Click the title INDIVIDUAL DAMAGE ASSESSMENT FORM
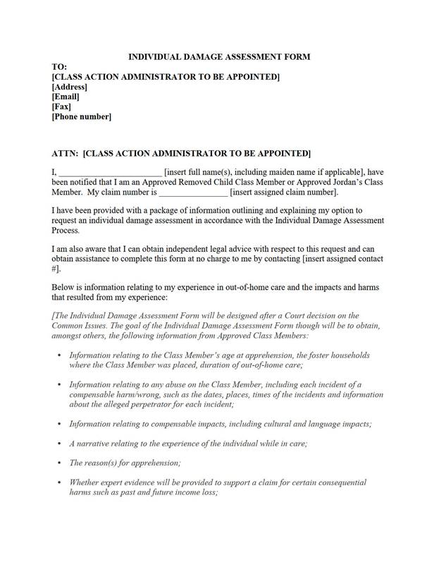point(218,56)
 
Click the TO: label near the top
point(61,66)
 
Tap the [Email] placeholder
point(66,97)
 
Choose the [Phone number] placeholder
point(81,117)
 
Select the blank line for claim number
point(193,192)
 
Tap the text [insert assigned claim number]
point(285,192)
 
